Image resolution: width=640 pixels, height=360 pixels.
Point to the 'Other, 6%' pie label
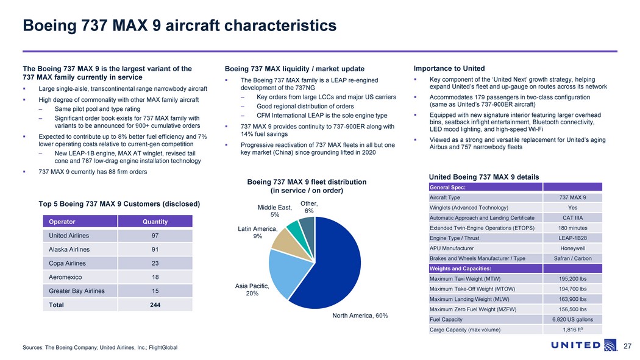tap(309, 207)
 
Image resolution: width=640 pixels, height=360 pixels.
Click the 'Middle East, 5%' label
tap(274, 211)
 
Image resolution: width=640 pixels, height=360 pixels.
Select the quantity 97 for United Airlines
tap(155, 235)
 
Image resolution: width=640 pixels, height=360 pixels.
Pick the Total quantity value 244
tap(155, 305)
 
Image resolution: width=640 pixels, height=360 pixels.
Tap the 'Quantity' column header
tap(155, 222)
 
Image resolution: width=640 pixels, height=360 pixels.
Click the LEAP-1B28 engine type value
tap(572, 238)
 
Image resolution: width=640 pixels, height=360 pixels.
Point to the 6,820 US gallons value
tap(572, 319)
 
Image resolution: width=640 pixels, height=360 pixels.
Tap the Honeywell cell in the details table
tap(572, 249)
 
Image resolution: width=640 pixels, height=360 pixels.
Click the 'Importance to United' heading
tap(449, 68)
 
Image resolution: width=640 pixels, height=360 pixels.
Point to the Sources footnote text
tap(100, 347)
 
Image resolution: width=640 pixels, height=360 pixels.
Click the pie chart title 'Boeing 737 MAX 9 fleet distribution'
tap(307, 182)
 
